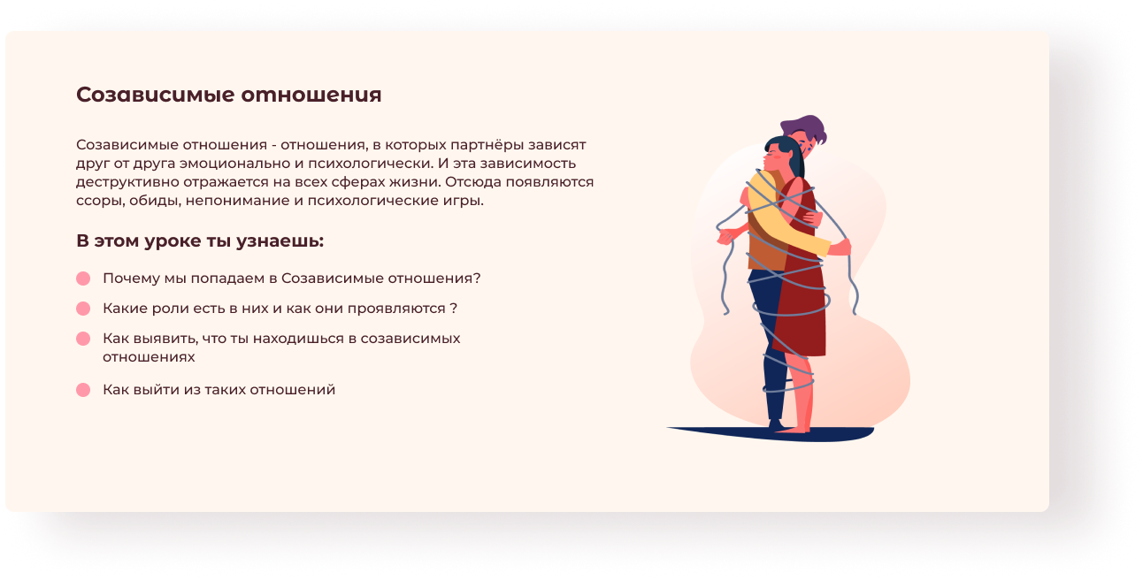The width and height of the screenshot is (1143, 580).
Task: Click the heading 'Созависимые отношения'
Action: coord(228,95)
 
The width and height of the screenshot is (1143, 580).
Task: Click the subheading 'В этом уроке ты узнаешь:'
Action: coord(200,240)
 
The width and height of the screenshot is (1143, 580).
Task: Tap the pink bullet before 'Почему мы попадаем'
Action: coord(83,279)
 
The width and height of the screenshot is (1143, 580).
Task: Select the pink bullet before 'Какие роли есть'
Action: coord(83,309)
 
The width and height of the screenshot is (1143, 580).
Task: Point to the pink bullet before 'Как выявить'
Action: coord(83,339)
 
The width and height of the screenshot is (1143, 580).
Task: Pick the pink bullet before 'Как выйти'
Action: coord(83,390)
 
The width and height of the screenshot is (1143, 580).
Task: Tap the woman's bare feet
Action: coord(794,430)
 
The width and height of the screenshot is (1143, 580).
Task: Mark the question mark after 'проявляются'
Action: coord(454,309)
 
